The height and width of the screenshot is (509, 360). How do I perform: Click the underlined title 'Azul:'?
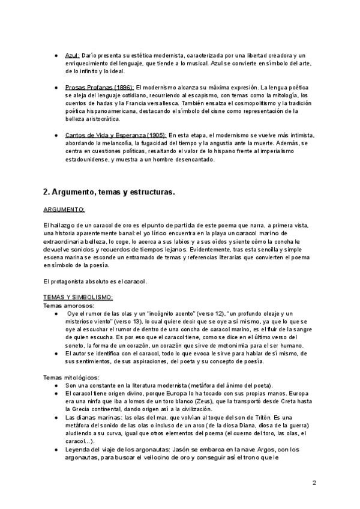[72, 55]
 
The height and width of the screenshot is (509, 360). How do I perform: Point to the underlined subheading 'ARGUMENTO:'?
[64, 209]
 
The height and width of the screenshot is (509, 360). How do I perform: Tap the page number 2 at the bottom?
[314, 483]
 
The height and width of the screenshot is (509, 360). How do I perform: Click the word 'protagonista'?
[70, 281]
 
